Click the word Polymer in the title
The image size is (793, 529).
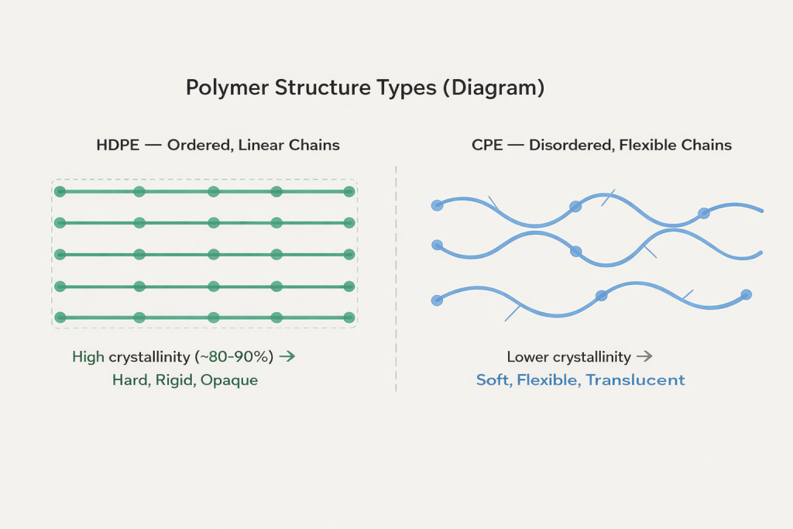click(227, 88)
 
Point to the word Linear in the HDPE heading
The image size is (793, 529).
click(263, 145)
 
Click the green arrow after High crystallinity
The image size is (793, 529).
click(287, 357)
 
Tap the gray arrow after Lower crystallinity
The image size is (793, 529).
click(644, 357)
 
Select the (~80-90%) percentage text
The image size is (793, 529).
click(236, 357)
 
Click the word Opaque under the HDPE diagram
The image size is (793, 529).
click(229, 380)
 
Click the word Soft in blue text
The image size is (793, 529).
click(493, 380)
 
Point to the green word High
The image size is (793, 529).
click(88, 357)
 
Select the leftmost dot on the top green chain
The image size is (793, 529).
click(60, 191)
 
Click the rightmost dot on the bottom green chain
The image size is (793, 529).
click(349, 318)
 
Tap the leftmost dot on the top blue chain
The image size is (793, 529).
click(437, 205)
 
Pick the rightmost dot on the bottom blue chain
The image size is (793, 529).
click(746, 294)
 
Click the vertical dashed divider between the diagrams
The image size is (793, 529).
click(396, 279)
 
